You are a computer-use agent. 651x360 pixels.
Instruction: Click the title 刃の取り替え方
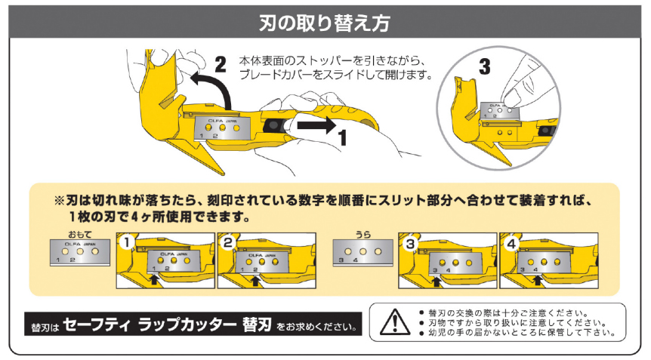click(325, 23)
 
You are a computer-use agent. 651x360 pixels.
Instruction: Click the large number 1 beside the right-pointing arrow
click(341, 138)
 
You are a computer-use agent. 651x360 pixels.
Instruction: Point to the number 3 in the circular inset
click(484, 66)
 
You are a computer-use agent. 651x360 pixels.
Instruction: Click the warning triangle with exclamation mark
click(393, 322)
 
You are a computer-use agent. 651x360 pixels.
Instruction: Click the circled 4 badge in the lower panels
click(511, 243)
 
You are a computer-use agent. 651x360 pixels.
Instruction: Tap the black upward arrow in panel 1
click(155, 280)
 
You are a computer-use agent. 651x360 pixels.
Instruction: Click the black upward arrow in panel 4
click(537, 280)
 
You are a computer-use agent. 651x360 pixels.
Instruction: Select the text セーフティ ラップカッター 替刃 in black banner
click(162, 326)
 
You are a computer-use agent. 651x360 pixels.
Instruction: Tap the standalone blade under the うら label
click(363, 254)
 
